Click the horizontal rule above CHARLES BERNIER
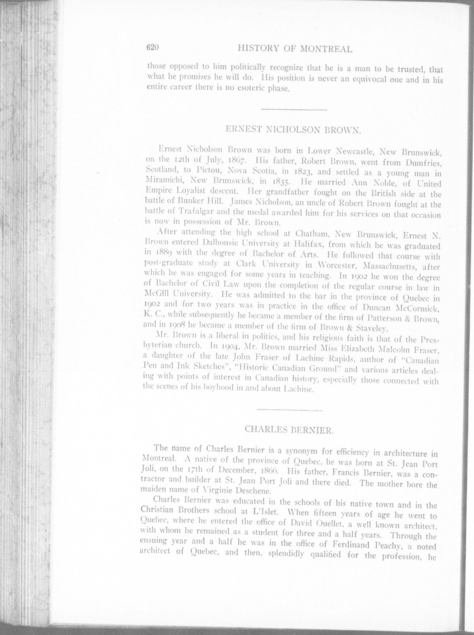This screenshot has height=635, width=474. click(289, 410)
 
